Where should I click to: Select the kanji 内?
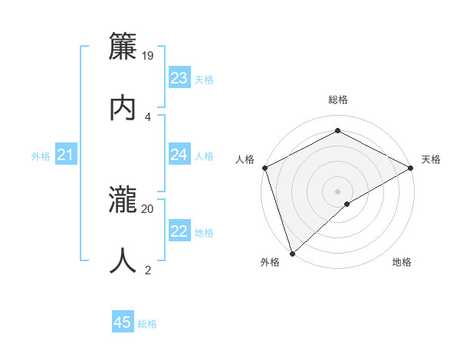point(123,107)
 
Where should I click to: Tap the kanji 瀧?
point(123,200)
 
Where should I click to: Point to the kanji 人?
point(123,260)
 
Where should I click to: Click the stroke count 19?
point(149,55)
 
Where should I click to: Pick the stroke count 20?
point(148,208)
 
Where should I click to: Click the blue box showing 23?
point(179,78)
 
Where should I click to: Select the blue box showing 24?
point(179,155)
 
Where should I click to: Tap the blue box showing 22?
point(179,231)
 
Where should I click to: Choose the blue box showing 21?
point(66,155)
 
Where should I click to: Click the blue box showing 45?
point(123,322)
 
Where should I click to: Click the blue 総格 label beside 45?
point(147,324)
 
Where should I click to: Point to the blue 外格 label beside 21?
point(41,156)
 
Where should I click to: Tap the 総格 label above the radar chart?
point(337,100)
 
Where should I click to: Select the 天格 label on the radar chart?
point(432,159)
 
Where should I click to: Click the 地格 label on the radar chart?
point(402,263)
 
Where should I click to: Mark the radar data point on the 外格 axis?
point(291,253)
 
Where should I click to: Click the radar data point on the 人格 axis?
point(264,168)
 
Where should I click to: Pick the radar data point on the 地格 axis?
point(347,204)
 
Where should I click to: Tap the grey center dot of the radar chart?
point(337,191)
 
